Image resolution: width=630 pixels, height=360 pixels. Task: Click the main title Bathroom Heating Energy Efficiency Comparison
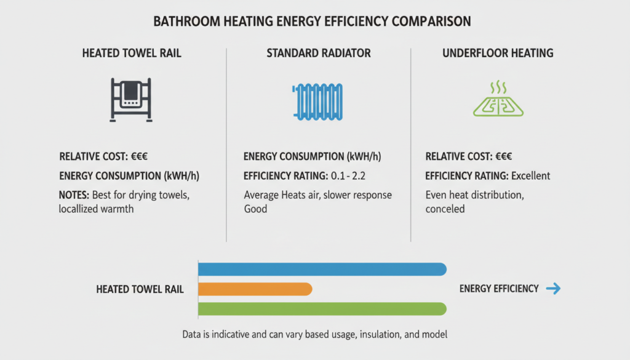[312, 22]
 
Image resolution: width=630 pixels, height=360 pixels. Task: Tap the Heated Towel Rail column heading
[132, 54]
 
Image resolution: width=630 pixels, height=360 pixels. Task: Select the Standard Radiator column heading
[319, 54]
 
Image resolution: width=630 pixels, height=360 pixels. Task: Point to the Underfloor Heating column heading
[498, 54]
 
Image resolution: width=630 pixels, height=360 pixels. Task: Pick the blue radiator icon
[319, 101]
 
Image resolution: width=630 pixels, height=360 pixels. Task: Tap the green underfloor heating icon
[498, 100]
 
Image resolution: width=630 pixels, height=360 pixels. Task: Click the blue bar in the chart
[322, 269]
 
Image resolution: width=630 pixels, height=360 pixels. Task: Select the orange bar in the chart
[255, 289]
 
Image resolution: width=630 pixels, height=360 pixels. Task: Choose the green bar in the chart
[322, 309]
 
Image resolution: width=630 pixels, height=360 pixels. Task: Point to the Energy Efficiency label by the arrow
[499, 289]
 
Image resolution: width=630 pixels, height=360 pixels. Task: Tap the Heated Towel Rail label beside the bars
[140, 289]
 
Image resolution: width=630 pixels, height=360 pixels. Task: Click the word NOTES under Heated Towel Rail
[74, 195]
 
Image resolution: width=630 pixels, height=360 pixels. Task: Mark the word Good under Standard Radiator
[255, 209]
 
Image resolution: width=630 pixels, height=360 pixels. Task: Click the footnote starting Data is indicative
[314, 335]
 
